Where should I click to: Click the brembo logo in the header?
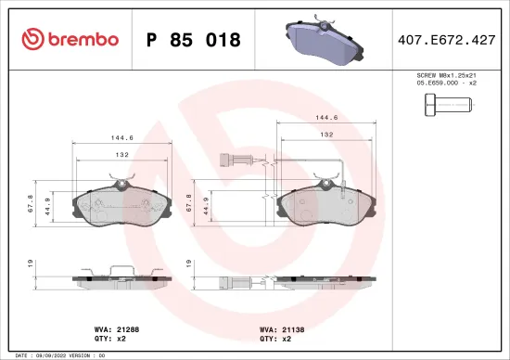click(x=70, y=39)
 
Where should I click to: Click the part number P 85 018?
click(x=193, y=40)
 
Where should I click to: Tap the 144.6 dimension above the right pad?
click(x=327, y=119)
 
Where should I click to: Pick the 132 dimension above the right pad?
click(x=326, y=135)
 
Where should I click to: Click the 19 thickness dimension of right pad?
click(x=190, y=264)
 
